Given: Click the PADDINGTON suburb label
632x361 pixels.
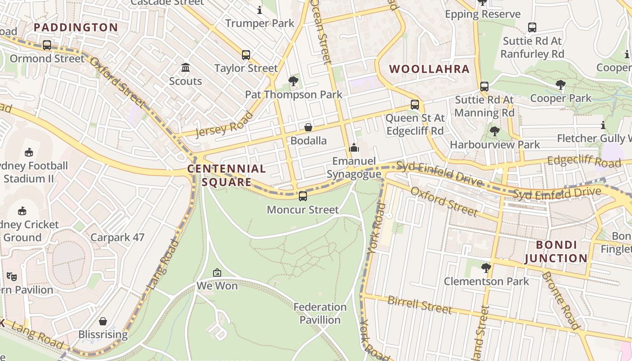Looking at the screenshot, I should (x=76, y=28).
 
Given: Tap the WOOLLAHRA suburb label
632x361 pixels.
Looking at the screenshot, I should (x=429, y=69).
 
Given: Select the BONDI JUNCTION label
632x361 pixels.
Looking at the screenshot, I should (x=562, y=252).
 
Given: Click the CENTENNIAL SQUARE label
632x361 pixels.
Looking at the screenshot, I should (x=227, y=176).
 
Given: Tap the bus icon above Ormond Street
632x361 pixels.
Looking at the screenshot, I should (x=46, y=45).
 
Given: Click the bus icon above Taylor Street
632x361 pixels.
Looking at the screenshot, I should (x=246, y=55).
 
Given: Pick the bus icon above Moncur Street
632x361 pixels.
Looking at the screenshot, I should (x=302, y=196).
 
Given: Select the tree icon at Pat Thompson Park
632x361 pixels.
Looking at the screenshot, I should (x=293, y=81).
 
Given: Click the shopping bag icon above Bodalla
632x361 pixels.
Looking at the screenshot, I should (x=308, y=127).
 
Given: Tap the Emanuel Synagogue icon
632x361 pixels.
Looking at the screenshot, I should (x=354, y=148).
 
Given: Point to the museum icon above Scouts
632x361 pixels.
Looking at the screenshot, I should (x=186, y=68).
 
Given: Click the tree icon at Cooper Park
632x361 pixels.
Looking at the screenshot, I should (x=560, y=84).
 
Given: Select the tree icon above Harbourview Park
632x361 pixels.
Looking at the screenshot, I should (x=494, y=131).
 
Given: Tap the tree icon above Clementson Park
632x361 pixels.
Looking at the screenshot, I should (x=486, y=268).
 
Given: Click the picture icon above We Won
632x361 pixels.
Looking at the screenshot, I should (x=217, y=273).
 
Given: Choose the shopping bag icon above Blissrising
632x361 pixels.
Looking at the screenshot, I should (x=103, y=321).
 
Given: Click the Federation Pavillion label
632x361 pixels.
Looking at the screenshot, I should (x=320, y=314).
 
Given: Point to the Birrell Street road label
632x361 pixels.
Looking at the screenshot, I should (x=419, y=305).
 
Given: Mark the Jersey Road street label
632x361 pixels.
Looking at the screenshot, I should (x=224, y=124).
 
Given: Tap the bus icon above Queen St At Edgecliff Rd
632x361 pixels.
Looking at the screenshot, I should (x=414, y=105).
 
